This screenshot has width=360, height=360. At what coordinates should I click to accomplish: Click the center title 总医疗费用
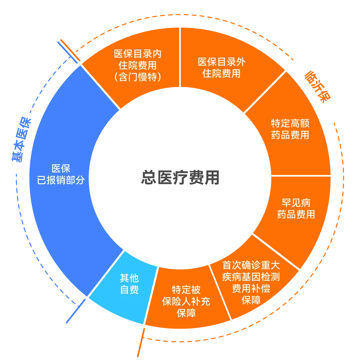tap(180, 177)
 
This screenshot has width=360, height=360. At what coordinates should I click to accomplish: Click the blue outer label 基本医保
tap(21, 139)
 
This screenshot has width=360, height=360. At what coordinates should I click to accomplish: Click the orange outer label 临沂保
tap(318, 87)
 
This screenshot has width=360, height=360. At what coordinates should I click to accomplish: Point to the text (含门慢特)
tap(138, 77)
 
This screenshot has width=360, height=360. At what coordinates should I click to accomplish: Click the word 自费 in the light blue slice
tap(129, 290)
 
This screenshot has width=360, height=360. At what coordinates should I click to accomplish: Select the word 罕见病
tap(296, 203)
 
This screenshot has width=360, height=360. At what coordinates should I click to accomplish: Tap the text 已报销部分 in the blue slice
tap(61, 180)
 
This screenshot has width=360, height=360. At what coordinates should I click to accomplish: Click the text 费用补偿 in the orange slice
tap(251, 289)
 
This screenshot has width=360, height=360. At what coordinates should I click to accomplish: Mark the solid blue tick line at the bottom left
tap(76, 311)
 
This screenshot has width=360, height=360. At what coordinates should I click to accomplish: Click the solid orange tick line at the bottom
tap(141, 343)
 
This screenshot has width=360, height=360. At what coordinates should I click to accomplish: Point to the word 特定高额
tap(290, 123)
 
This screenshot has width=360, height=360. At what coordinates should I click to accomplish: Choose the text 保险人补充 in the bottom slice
tap(186, 301)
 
